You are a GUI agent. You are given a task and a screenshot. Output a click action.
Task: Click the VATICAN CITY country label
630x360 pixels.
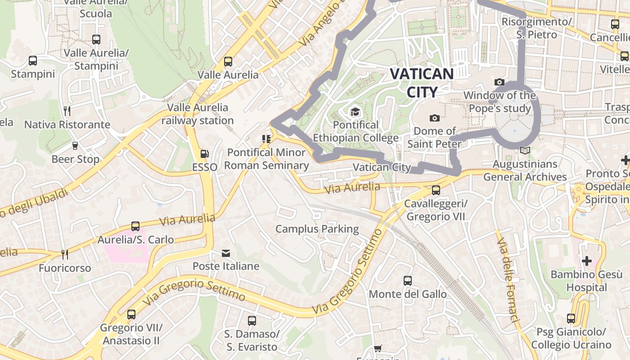pos(422,83)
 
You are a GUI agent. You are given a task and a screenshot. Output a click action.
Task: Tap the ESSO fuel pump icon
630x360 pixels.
pos(204,154)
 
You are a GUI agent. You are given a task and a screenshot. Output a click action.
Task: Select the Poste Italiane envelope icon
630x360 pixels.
pos(226,253)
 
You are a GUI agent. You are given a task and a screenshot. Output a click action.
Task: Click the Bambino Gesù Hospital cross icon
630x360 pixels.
pos(586,261)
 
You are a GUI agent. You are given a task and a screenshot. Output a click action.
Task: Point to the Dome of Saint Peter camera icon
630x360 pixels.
pos(434,118)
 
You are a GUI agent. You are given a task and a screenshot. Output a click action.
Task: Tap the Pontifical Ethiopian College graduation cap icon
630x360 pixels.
pos(355,112)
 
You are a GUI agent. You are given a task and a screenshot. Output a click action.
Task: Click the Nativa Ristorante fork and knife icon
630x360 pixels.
pos(67,111)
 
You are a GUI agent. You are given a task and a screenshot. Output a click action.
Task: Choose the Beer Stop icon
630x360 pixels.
pos(75,146)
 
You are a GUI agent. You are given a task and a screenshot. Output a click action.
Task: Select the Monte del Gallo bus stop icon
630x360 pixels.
pos(408,281)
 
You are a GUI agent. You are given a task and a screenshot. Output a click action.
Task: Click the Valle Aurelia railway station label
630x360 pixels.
pos(198,114)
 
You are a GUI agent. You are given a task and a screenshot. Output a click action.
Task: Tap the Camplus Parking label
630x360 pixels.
pos(317,229)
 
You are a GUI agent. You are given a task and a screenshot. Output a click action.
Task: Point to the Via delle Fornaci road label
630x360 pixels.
pos(508,281)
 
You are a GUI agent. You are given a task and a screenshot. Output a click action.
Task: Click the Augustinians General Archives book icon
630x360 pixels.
pos(525,151)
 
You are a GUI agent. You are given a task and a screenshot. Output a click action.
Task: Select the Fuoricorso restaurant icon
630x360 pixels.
pos(65,255)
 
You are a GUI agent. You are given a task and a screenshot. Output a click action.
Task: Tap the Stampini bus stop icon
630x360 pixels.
pos(32,60)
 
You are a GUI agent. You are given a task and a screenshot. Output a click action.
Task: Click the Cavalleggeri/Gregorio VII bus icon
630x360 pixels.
pos(436,190)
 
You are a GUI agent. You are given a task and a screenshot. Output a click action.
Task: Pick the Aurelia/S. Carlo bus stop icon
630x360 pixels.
pos(135,226)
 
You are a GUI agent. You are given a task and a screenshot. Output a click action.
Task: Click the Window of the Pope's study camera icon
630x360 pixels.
pos(499,82)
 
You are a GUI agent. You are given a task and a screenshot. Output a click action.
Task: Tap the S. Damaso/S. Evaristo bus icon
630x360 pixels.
pos(252,321)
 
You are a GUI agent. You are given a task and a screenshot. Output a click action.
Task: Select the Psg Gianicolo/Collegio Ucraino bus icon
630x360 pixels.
pos(571,319)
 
